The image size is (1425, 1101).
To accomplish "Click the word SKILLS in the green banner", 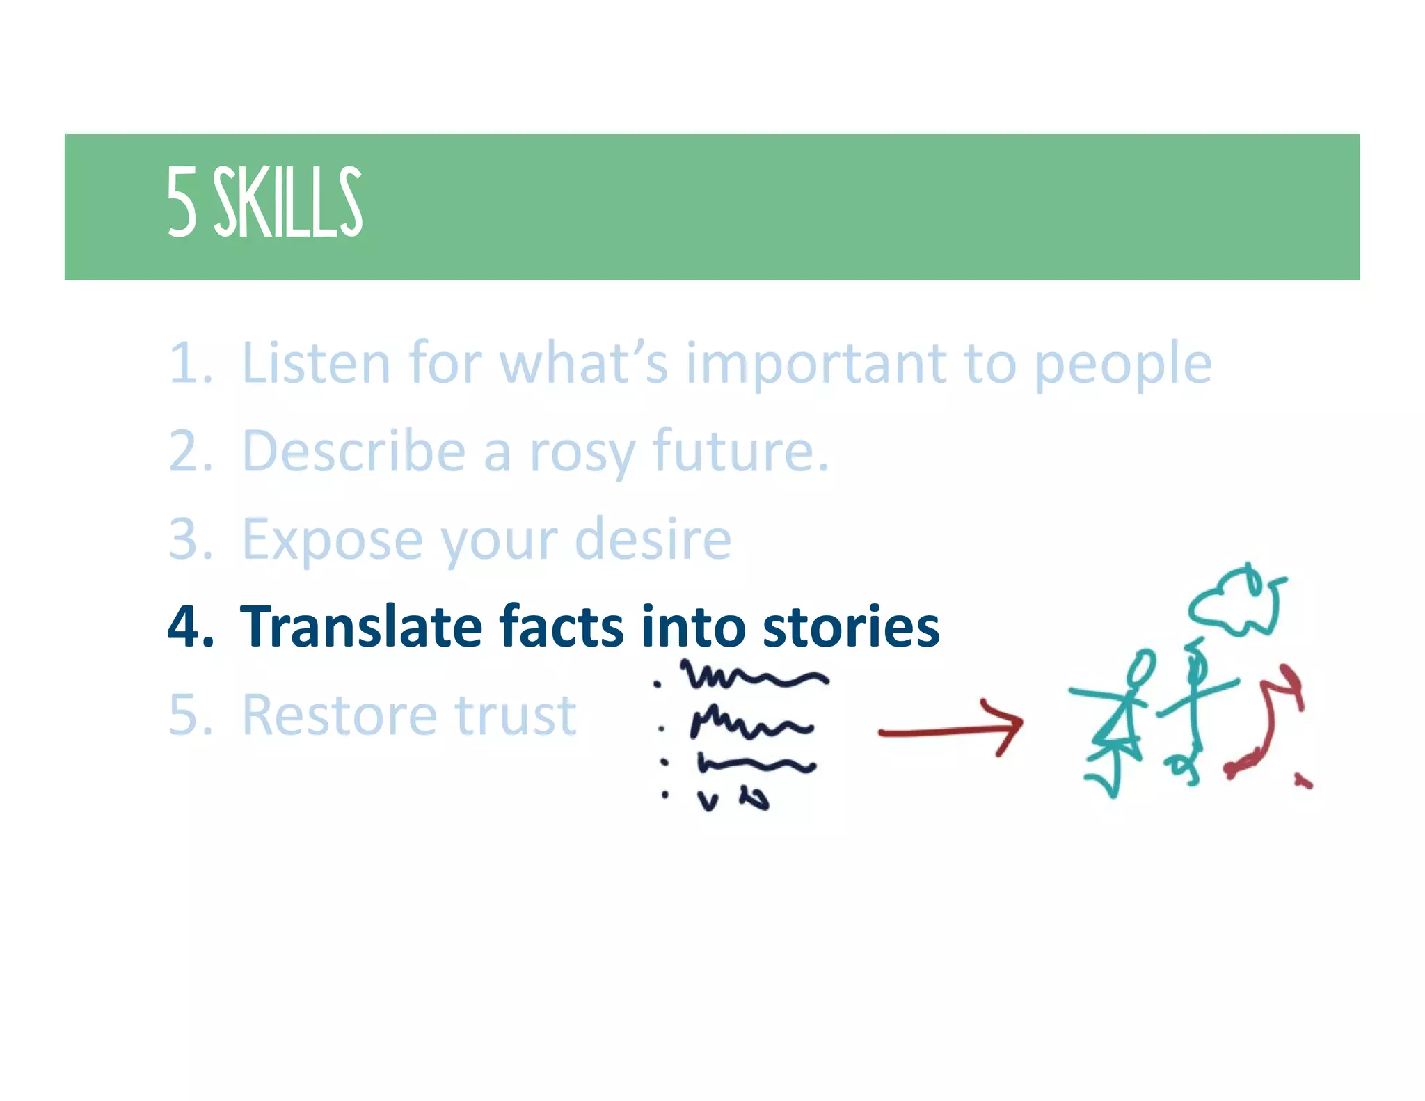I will pos(287,203).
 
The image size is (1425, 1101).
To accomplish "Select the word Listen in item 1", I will pos(316,363).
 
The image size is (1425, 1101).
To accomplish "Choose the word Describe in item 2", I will pos(353,451).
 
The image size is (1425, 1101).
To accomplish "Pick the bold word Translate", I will pos(360,626).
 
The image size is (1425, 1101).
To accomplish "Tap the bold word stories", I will pos(850,626).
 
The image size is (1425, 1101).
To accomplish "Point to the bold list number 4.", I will pos(190,626).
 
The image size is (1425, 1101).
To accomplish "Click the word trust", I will pos(515,715).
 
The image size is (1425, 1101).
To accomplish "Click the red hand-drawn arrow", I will pos(950,728).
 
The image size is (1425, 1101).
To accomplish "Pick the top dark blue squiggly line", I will pos(754,674).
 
